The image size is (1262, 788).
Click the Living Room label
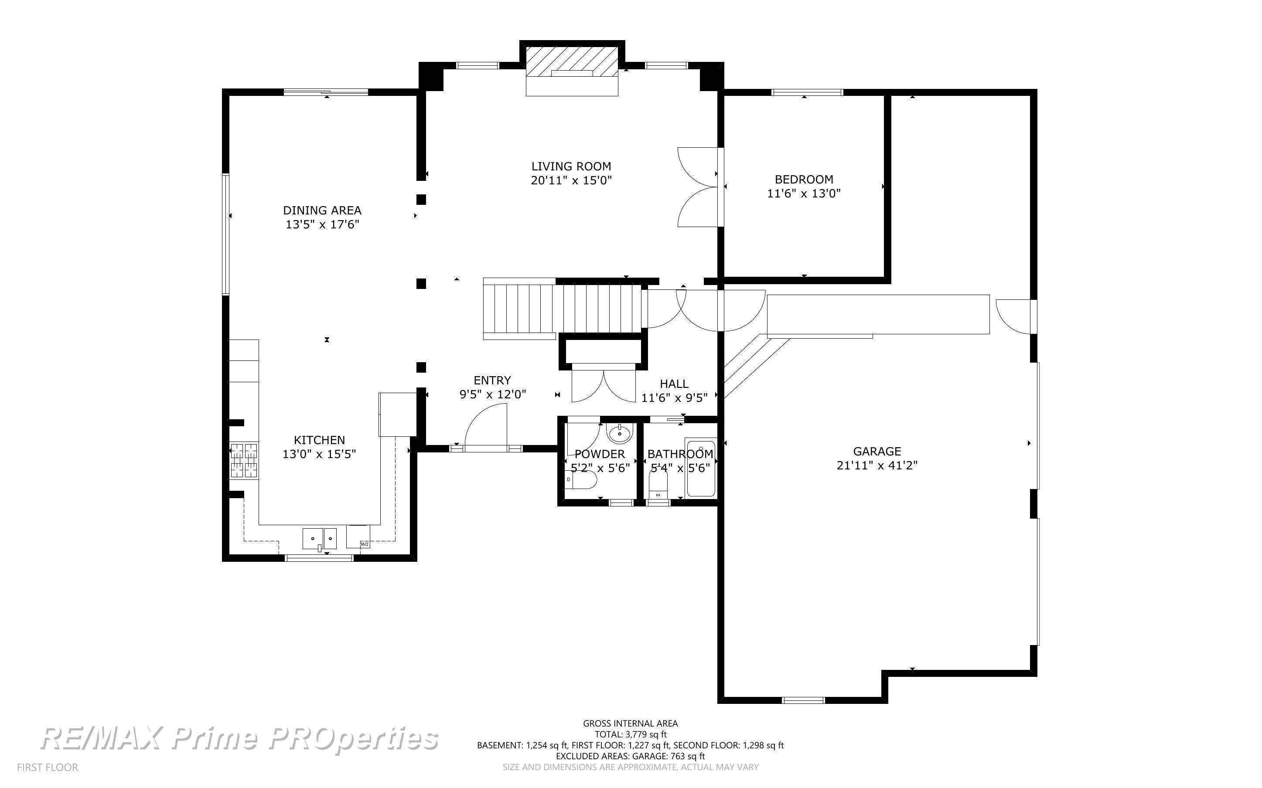(x=571, y=166)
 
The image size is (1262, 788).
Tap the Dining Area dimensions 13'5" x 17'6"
(x=323, y=224)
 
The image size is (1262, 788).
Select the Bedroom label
(x=804, y=179)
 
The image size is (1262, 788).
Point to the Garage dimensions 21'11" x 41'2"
(x=877, y=465)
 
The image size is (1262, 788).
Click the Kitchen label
(x=319, y=440)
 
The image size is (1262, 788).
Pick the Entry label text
(x=492, y=380)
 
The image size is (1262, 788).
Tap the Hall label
(x=674, y=384)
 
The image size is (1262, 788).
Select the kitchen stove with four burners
(x=244, y=460)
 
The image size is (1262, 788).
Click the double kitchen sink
(x=320, y=538)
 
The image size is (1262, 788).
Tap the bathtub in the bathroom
(x=701, y=468)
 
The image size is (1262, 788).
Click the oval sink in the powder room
(x=620, y=432)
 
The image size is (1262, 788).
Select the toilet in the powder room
(x=580, y=479)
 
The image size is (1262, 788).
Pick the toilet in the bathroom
(x=658, y=485)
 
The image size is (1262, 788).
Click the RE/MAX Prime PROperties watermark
(x=240, y=738)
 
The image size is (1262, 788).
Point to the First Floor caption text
(x=48, y=767)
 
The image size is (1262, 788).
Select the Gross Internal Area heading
(x=630, y=723)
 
